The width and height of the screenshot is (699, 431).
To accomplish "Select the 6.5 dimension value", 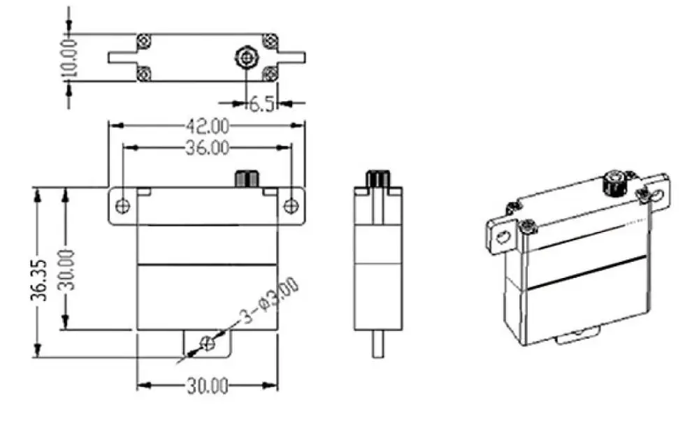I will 261,105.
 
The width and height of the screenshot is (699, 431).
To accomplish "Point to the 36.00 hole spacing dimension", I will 207,147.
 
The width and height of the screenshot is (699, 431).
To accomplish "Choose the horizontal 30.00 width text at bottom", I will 207,386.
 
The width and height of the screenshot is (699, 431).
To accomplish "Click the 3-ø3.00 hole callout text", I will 269,302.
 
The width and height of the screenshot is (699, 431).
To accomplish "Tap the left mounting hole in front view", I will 123,206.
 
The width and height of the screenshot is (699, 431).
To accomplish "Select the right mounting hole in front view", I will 291,206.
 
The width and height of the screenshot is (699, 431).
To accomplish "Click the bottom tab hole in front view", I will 207,343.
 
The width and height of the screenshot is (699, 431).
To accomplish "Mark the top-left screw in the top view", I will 144,40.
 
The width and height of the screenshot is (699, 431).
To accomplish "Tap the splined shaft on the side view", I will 378,178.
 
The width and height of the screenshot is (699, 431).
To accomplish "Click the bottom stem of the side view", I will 378,343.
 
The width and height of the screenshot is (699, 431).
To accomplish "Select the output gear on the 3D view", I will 613,183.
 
